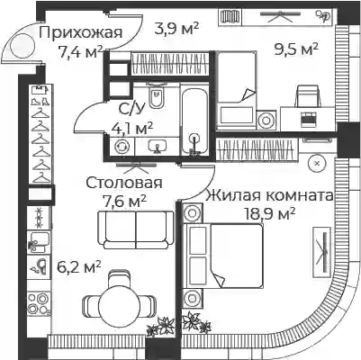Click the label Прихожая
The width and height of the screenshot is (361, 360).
click(x=80, y=32)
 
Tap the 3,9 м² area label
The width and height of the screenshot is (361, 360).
click(x=176, y=29)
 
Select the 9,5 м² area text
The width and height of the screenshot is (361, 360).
click(x=296, y=49)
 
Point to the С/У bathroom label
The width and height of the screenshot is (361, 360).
click(x=132, y=109)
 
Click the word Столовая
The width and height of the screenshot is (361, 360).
click(x=124, y=183)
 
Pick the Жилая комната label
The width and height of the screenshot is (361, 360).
click(x=269, y=195)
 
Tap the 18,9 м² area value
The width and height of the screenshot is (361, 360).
click(x=270, y=214)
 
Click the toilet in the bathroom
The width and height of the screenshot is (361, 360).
click(x=156, y=95)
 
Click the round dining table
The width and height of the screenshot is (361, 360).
click(x=119, y=303)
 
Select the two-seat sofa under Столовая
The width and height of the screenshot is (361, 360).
click(x=136, y=229)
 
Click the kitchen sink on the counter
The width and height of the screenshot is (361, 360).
click(x=39, y=241)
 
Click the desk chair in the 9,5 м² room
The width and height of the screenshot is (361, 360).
click(x=308, y=96)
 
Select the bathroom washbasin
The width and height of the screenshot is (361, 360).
click(x=157, y=147)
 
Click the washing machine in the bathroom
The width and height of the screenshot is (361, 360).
click(x=122, y=147)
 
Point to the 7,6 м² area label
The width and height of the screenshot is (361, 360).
click(x=124, y=201)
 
